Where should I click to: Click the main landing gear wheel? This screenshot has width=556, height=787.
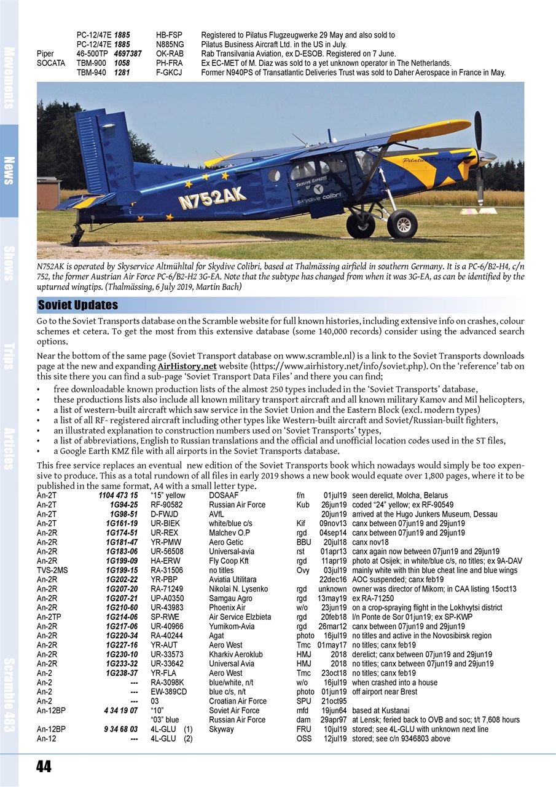point(402,223)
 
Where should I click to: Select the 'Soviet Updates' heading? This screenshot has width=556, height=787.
point(78,306)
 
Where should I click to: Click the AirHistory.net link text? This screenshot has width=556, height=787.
point(192,366)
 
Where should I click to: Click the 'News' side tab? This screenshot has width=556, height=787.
point(9,171)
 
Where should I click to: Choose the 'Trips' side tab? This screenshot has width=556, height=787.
point(9,356)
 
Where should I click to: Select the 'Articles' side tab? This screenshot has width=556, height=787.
point(9,448)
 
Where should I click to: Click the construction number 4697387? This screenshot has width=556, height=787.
point(128,54)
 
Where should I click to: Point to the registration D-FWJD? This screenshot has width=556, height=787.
point(164,514)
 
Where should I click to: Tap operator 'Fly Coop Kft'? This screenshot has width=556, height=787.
point(229,561)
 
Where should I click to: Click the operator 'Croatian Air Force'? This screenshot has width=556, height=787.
point(238,701)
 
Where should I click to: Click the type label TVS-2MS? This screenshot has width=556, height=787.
point(52,570)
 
